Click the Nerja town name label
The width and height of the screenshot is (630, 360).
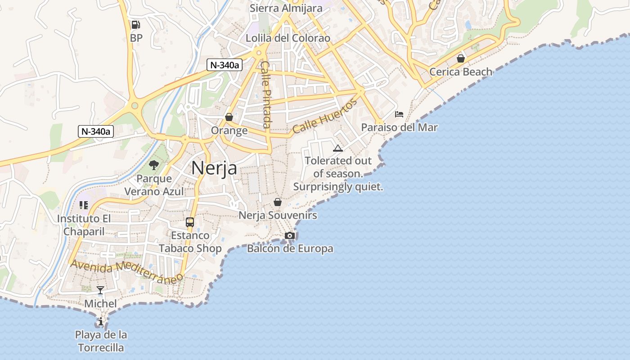214,168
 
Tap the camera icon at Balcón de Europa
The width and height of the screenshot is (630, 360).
290,235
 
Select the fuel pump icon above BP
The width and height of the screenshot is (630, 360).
135,25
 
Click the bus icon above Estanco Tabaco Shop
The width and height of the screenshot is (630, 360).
190,222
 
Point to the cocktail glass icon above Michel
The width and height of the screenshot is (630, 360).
100,290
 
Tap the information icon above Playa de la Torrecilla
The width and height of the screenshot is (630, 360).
101,322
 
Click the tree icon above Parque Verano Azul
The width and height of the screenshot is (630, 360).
154,165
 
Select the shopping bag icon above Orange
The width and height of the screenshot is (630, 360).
229,117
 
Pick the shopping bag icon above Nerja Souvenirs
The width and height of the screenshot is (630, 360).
278,202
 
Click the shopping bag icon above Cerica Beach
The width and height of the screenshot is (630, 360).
460,58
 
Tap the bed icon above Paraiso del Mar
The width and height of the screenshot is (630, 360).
399,114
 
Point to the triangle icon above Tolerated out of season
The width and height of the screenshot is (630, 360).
338,148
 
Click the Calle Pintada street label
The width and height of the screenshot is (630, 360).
266,94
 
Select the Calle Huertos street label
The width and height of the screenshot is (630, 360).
324,116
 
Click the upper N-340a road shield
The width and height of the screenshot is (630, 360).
225,65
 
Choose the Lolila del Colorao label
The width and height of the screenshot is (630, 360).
288,38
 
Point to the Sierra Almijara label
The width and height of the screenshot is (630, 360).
286,8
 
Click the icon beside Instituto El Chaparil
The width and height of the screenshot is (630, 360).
83,205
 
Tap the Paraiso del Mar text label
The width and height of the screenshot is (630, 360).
399,127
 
